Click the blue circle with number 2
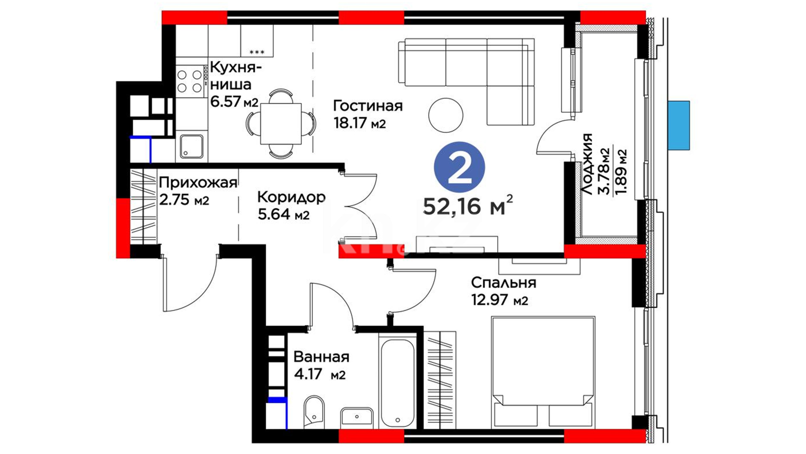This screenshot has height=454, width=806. pyautogui.click(x=459, y=167)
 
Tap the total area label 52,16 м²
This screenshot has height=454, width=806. pyautogui.click(x=468, y=205)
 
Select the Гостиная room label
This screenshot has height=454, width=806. pyautogui.click(x=368, y=106)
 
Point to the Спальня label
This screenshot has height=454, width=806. pyautogui.click(x=503, y=282)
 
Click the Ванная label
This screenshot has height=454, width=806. pyautogui.click(x=321, y=357)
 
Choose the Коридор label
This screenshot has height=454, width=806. pyautogui.click(x=291, y=197)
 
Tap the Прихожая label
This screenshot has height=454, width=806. pyautogui.click(x=198, y=183)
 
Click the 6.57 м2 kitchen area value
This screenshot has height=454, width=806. pyautogui.click(x=234, y=101)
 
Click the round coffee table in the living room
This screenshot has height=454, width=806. pyautogui.click(x=446, y=115)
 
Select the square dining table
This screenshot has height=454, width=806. pyautogui.click(x=281, y=124)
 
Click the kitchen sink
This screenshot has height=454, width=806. pyautogui.click(x=192, y=146)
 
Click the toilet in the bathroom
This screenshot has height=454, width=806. pyautogui.click(x=314, y=411)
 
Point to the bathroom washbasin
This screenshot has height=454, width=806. pyautogui.click(x=357, y=417)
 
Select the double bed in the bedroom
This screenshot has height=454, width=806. pyautogui.click(x=543, y=372)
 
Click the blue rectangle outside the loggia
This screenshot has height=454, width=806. pyautogui.click(x=679, y=125)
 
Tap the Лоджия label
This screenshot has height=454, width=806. pyautogui.click(x=588, y=164)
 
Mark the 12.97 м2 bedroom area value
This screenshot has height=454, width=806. pyautogui.click(x=500, y=300)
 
